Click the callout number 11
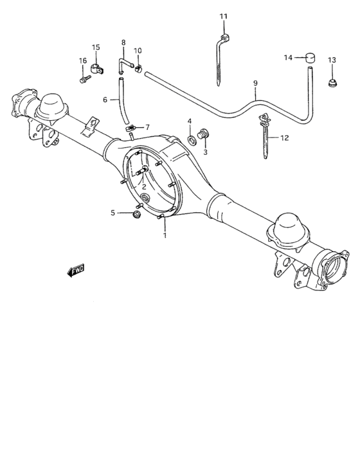pyautogui.click(x=223, y=16)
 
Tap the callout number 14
pyautogui.click(x=289, y=58)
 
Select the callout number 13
pyautogui.click(x=332, y=60)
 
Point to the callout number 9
pyautogui.click(x=255, y=84)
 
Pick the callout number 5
pyautogui.click(x=113, y=212)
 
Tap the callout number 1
pyautogui.click(x=165, y=235)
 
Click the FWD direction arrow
pyautogui.click(x=76, y=271)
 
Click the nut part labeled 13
pyautogui.click(x=332, y=82)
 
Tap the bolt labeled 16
pyautogui.click(x=84, y=80)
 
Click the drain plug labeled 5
pyautogui.click(x=136, y=214)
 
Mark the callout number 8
pyautogui.click(x=123, y=43)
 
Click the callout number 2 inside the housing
pyautogui.click(x=145, y=187)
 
